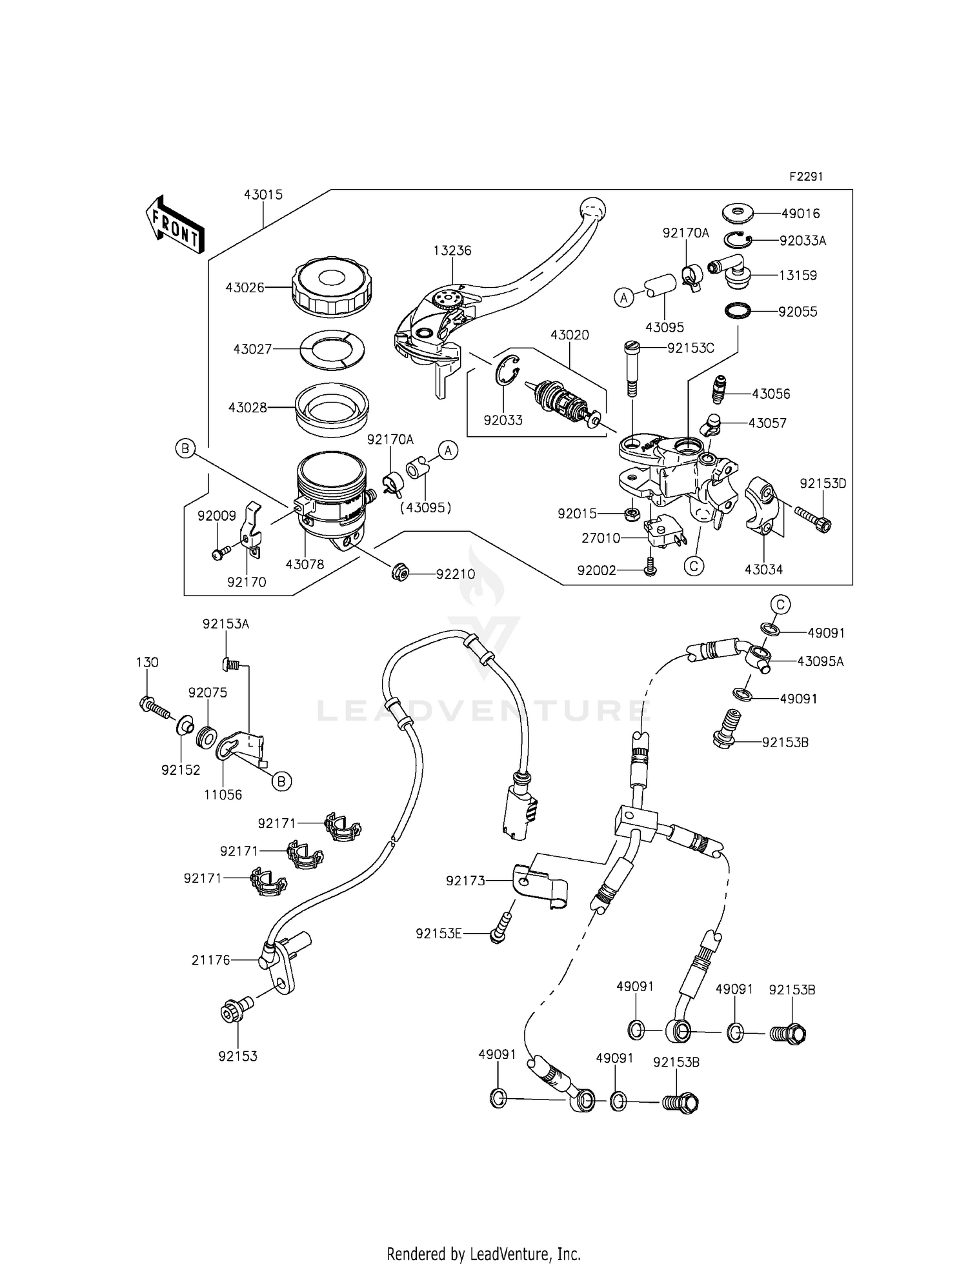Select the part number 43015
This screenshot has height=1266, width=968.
click(263, 195)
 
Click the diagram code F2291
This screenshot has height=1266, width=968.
click(806, 177)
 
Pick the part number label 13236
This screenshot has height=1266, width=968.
click(452, 251)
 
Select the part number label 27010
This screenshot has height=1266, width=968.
click(601, 538)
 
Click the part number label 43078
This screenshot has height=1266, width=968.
click(305, 564)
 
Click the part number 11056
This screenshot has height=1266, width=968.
click(223, 795)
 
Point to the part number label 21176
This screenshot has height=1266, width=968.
click(210, 960)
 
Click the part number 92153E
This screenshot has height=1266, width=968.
click(439, 934)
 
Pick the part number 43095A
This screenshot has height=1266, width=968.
click(820, 661)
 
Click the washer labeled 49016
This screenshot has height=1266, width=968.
click(737, 212)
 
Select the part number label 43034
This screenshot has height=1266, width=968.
click(763, 570)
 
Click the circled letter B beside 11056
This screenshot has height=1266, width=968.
click(281, 781)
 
